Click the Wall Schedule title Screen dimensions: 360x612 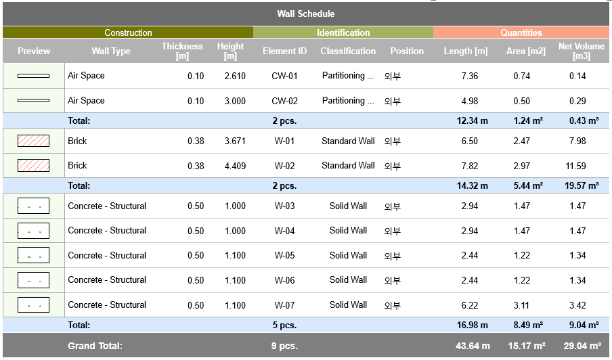tap(305, 14)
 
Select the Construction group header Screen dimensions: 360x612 tap(128, 32)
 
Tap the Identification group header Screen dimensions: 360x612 tap(343, 32)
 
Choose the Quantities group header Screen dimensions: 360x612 tap(521, 32)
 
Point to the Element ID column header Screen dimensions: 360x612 tap(284, 51)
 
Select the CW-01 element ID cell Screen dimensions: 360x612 tap(284, 76)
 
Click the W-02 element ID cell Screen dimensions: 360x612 tap(284, 166)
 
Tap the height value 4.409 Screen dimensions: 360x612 tap(235, 166)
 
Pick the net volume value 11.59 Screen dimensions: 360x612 tap(576, 166)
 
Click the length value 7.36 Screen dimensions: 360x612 tap(470, 76)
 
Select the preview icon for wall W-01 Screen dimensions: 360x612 tap(33, 141)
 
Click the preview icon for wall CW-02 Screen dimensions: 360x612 tap(33, 101)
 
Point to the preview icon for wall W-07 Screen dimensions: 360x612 tap(33, 305)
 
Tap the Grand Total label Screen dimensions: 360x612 tap(95, 346)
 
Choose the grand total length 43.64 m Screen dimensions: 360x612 tap(473, 346)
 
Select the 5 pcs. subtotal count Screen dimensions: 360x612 tap(284, 325)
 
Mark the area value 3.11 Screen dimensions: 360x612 tap(522, 305)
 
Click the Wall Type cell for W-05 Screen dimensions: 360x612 tap(107, 256)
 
